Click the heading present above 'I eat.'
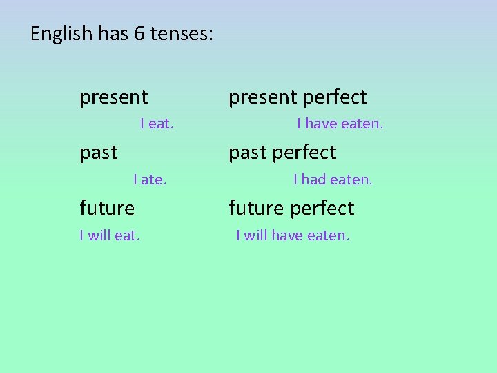(113, 97)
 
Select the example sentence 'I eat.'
(157, 124)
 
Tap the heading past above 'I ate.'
(99, 153)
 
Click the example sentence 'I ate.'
(150, 180)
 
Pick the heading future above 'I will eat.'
(107, 208)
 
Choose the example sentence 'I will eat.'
(110, 236)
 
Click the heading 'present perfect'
(298, 97)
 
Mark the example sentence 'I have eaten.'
(340, 124)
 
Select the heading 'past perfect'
(282, 153)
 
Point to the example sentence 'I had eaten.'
(333, 180)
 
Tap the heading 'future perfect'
(291, 208)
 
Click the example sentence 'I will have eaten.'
(293, 236)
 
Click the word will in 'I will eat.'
(99, 236)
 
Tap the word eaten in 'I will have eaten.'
(328, 236)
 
